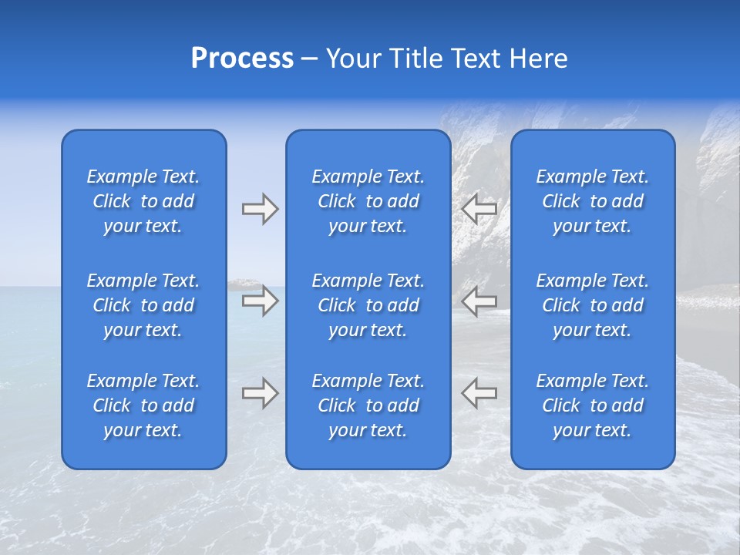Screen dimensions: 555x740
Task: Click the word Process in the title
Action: point(242,59)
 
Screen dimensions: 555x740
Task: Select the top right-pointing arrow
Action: point(260,209)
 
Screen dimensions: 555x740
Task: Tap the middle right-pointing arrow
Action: point(260,301)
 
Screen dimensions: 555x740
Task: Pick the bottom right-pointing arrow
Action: point(260,393)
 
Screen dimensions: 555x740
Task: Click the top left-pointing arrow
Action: point(479,209)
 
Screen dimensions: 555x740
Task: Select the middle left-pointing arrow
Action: point(479,301)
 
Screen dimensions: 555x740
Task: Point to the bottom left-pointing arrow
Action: point(479,393)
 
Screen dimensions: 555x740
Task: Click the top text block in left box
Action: point(143,201)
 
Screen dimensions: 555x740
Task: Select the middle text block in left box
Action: point(143,305)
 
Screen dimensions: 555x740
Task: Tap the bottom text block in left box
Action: point(143,405)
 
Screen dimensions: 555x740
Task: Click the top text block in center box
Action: point(368,201)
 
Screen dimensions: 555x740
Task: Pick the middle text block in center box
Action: point(368,305)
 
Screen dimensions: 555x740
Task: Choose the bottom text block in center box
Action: point(368,405)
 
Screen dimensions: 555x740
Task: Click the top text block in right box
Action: point(593,201)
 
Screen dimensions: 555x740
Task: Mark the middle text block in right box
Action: point(593,305)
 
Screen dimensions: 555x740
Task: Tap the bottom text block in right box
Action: point(593,405)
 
